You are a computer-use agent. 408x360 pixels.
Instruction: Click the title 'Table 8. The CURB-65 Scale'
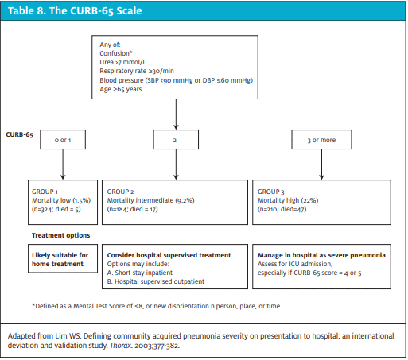coord(75,11)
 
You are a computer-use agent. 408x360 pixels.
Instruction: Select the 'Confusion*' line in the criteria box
coord(116,53)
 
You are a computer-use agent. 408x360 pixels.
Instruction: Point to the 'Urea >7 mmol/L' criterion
coord(122,62)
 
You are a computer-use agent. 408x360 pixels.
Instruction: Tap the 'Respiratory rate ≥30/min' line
coord(137,71)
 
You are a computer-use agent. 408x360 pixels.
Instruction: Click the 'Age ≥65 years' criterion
coord(121,89)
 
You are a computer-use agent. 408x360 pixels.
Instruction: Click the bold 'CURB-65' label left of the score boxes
coord(20,134)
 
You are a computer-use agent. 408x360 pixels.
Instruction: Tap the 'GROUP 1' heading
coord(45,192)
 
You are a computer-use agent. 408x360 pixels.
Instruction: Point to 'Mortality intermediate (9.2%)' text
coord(150,200)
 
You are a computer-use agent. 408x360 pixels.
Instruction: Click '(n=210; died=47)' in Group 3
coord(282,209)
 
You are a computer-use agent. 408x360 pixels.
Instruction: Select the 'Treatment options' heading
coord(61,235)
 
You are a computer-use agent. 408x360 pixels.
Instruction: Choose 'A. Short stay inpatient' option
coord(140,273)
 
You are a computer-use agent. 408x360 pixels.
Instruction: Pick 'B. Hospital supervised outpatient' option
coord(156,281)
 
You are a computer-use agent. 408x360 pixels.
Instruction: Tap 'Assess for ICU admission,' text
coord(295,264)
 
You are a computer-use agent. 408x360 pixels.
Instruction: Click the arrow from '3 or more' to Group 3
coord(321,165)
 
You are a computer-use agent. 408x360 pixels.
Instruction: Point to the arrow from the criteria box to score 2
coord(176,114)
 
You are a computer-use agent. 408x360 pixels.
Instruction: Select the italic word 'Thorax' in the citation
coord(120,346)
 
